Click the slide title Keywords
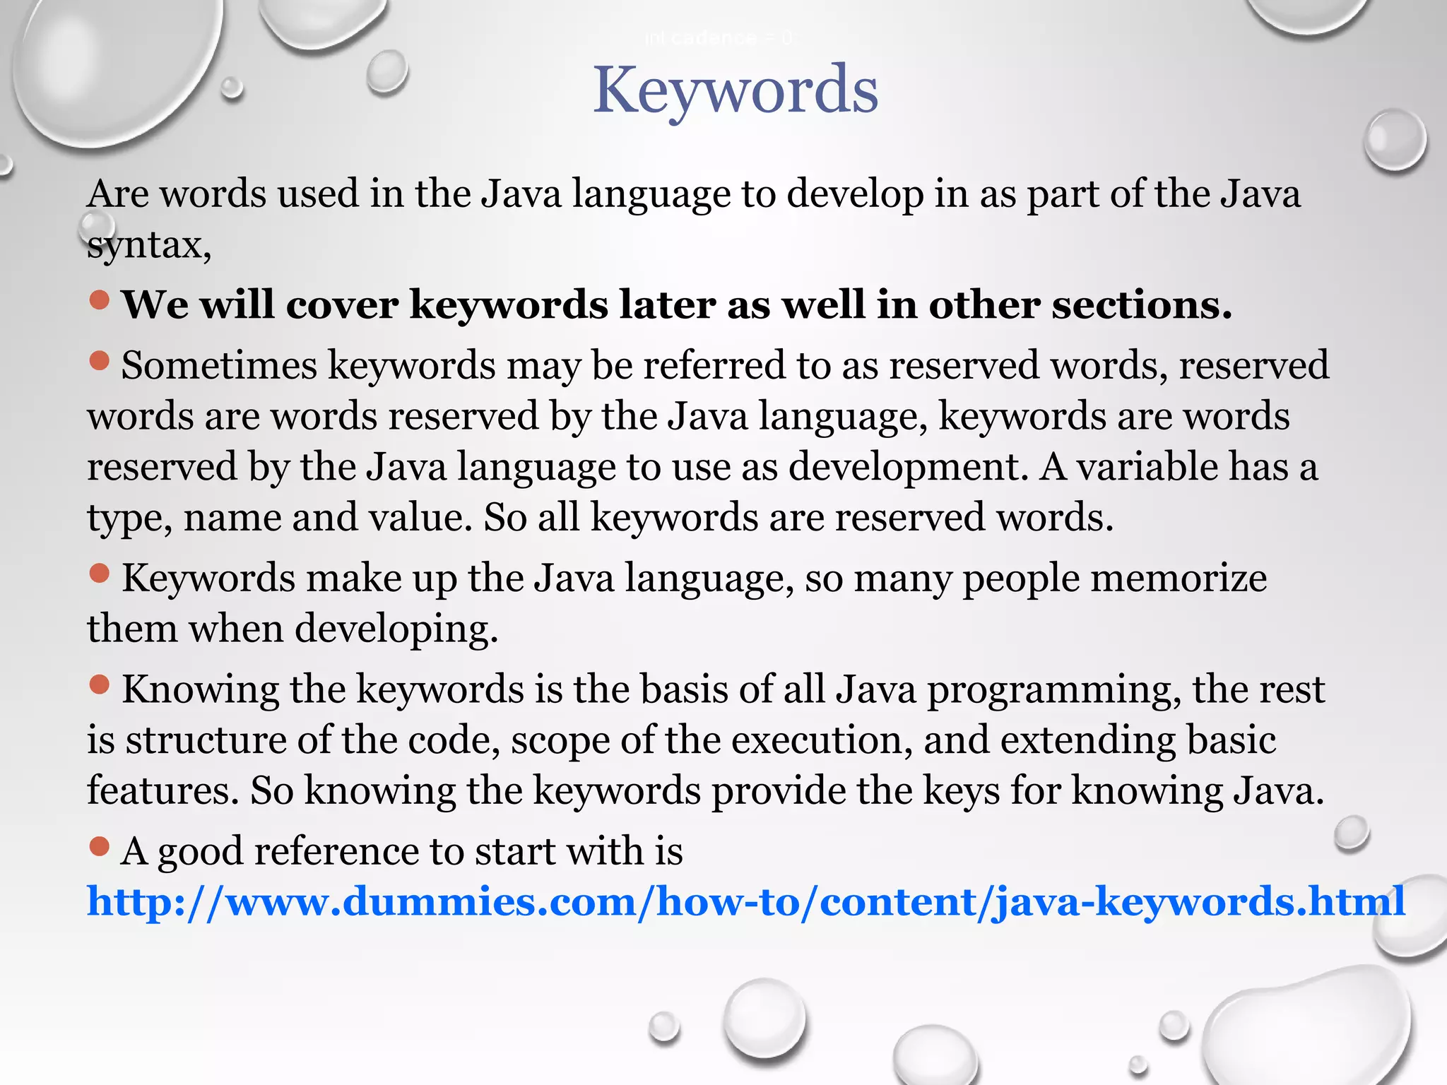point(736,90)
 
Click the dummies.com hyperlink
point(745,902)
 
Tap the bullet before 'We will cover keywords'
point(100,300)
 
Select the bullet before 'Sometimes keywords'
point(100,361)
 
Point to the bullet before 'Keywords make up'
point(100,574)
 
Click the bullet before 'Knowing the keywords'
point(100,684)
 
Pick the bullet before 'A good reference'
point(100,846)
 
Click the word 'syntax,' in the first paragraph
point(149,246)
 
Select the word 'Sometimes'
point(219,366)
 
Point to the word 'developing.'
point(396,629)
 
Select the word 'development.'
point(909,468)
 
